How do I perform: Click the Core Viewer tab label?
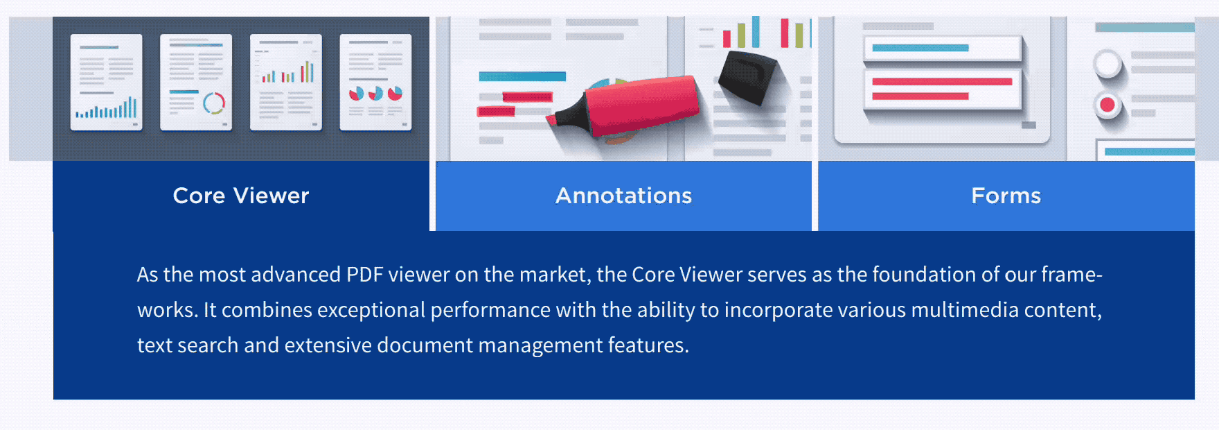pyautogui.click(x=241, y=196)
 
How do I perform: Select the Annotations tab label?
pyautogui.click(x=623, y=196)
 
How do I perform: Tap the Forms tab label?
pyautogui.click(x=1006, y=196)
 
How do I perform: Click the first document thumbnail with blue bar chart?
pyautogui.click(x=107, y=82)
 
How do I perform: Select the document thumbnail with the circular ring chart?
pyautogui.click(x=196, y=82)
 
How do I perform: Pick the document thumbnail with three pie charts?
pyautogui.click(x=375, y=82)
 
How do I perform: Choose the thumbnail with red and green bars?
pyautogui.click(x=286, y=82)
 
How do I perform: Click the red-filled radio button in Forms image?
pyautogui.click(x=1107, y=105)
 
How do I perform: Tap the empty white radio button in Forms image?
pyautogui.click(x=1107, y=64)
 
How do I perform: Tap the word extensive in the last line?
pyautogui.click(x=328, y=345)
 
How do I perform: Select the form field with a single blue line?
pyautogui.click(x=943, y=48)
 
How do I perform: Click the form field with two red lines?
pyautogui.click(x=943, y=89)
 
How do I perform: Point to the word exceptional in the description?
pyautogui.click(x=371, y=310)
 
